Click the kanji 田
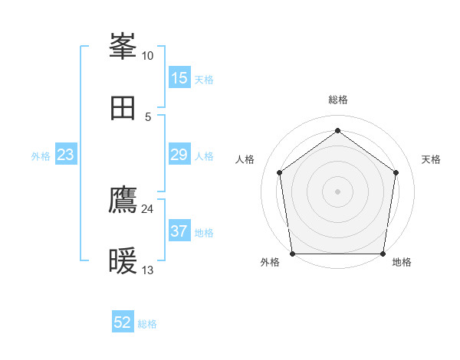pyautogui.click(x=123, y=108)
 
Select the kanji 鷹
pyautogui.click(x=123, y=200)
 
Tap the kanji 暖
pyautogui.click(x=123, y=262)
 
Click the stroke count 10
pyautogui.click(x=147, y=56)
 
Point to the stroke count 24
pyautogui.click(x=147, y=209)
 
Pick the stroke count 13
pyautogui.click(x=147, y=270)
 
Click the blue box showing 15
pyautogui.click(x=179, y=78)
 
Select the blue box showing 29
pyautogui.click(x=179, y=155)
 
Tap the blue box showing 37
pyautogui.click(x=179, y=231)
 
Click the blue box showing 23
pyautogui.click(x=66, y=155)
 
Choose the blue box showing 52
pyautogui.click(x=123, y=322)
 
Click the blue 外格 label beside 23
pyautogui.click(x=41, y=156)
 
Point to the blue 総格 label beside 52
pyautogui.click(x=147, y=324)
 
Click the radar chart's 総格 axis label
pyautogui.click(x=338, y=100)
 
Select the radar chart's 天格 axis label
pyautogui.click(x=432, y=159)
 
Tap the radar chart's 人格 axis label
pyautogui.click(x=245, y=159)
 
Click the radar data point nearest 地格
pyautogui.click(x=383, y=254)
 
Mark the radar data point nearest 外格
pyautogui.click(x=293, y=254)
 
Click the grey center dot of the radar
pyautogui.click(x=337, y=191)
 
